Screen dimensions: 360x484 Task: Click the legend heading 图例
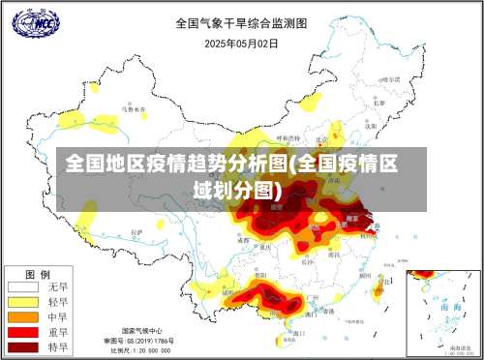pyautogui.click(x=37, y=274)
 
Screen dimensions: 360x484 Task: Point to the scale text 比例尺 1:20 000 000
pyautogui.click(x=143, y=350)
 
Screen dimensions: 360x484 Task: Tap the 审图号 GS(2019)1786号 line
pyautogui.click(x=142, y=341)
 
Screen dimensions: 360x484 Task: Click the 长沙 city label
pyautogui.click(x=308, y=260)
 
